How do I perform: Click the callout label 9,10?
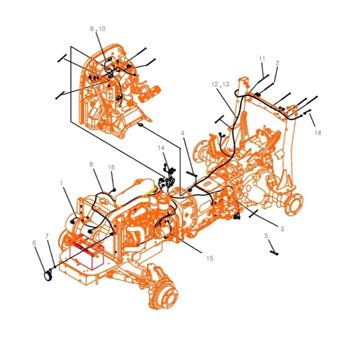[98, 29]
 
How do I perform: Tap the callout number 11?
[262, 59]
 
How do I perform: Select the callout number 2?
[278, 63]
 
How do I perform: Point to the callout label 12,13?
[220, 85]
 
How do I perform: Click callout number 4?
[183, 133]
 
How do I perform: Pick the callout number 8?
[91, 165]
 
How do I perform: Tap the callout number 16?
[112, 167]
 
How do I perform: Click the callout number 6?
[34, 243]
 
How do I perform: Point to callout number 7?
[47, 236]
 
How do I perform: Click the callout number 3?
[282, 229]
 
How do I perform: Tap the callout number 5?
[266, 235]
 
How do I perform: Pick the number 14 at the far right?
[318, 133]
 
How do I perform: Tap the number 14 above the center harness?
[161, 148]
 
